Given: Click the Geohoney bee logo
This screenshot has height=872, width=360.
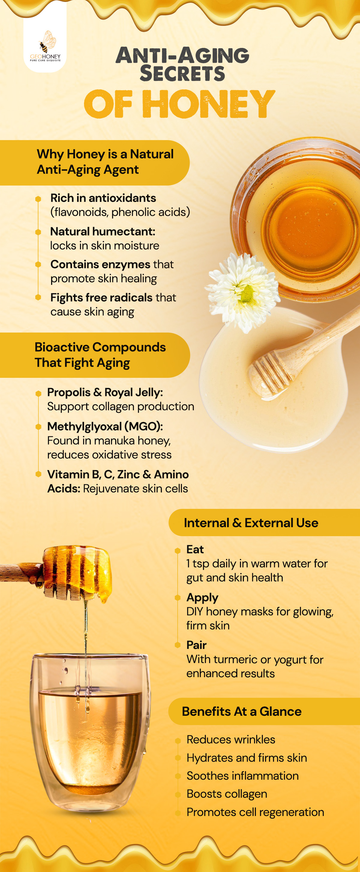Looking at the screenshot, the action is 45,46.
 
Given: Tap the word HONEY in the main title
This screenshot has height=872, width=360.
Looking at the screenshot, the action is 208,104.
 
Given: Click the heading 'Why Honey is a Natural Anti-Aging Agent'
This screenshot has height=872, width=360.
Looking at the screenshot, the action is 105,162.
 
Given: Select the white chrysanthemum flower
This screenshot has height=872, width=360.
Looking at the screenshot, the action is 243,293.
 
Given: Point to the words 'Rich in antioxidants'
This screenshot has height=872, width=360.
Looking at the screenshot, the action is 103,198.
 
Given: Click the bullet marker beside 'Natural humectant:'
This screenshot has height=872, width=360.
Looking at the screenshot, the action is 38,232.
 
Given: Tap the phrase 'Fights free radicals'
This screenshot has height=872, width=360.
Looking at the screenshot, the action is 102,297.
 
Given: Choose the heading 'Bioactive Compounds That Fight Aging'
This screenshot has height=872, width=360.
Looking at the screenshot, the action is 100,355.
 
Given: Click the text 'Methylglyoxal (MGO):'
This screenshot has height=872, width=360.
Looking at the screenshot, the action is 105,426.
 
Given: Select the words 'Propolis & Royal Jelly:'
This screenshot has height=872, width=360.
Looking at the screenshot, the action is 105,392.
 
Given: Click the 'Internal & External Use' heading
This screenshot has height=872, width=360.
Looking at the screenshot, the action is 251,523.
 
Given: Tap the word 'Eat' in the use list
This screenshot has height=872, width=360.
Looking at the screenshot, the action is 195,549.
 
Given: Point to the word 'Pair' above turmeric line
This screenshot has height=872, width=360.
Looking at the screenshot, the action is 196,645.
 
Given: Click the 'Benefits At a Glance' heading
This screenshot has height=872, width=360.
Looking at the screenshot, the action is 241,712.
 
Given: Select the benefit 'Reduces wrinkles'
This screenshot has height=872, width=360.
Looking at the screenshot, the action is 231,740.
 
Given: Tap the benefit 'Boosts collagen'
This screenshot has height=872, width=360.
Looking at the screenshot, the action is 227,794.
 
